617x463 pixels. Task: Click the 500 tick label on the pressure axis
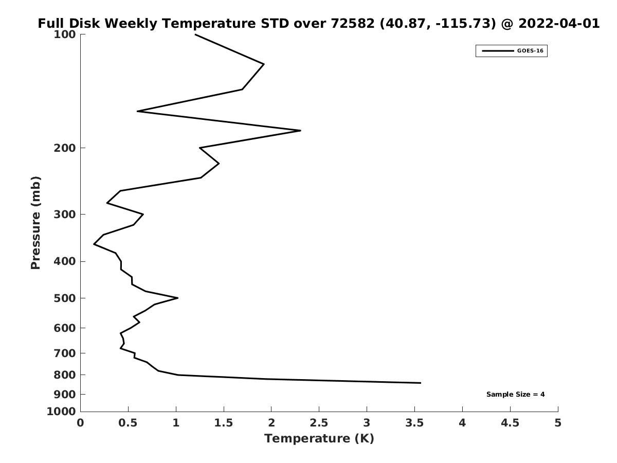[x=65, y=298]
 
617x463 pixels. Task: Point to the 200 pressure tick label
[x=65, y=148]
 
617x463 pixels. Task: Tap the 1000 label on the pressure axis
[x=61, y=412]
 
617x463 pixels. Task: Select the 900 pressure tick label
[x=65, y=395]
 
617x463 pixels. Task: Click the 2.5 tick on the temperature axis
[x=319, y=423]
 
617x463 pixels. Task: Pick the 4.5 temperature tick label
[x=510, y=423]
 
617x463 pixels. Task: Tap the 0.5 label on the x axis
[x=128, y=423]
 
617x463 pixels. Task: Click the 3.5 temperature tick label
[x=414, y=423]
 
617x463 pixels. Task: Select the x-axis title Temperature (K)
[x=319, y=438]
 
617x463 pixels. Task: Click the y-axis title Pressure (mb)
[x=35, y=223]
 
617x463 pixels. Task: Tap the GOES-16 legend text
[x=530, y=51]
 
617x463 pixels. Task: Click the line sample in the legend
[x=498, y=51]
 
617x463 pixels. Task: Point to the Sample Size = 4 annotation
[x=516, y=395]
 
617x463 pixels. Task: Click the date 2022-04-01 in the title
[x=559, y=24]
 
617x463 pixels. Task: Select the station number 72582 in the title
[x=353, y=24]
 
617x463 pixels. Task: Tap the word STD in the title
[x=275, y=24]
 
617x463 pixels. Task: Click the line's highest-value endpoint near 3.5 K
[x=421, y=383]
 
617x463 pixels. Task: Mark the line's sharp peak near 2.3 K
[x=300, y=131]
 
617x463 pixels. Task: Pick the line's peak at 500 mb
[x=178, y=298]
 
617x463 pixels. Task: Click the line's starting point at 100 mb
[x=195, y=34]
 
